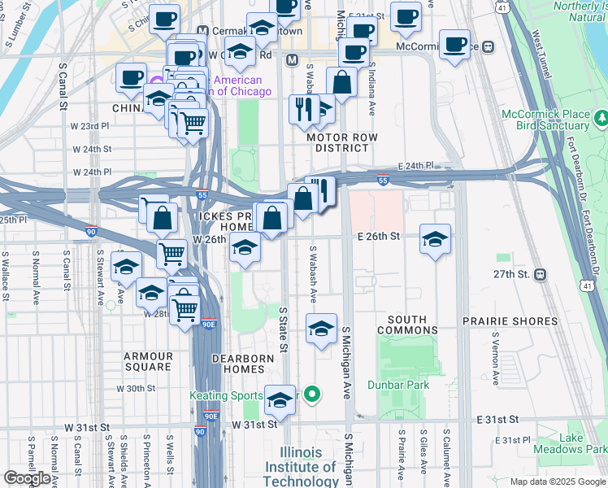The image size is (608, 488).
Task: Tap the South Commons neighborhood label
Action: (x=412, y=325)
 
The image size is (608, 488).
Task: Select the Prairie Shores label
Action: (x=510, y=321)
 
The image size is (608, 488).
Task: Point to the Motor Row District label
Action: (x=342, y=143)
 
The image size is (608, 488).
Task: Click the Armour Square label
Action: (x=149, y=361)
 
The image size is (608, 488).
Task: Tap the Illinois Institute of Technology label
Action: (x=308, y=467)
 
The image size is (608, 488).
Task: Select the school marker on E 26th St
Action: (x=436, y=239)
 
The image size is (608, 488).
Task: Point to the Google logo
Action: (x=27, y=479)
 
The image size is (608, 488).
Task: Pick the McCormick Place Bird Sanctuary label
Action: (x=558, y=120)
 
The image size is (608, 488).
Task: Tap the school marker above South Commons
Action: (x=322, y=329)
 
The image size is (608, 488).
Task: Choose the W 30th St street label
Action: (x=136, y=389)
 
